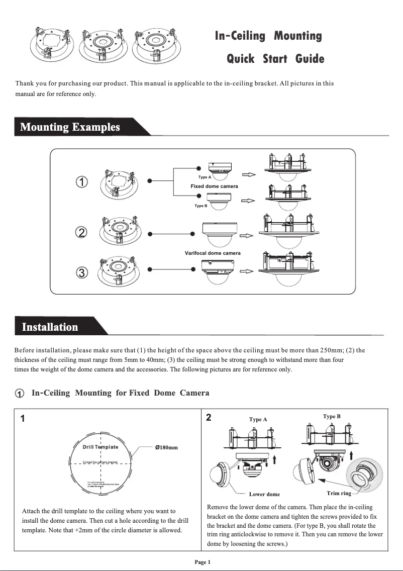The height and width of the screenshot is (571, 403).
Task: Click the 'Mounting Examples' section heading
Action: click(x=70, y=127)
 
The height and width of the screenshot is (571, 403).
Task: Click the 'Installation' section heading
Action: click(x=50, y=327)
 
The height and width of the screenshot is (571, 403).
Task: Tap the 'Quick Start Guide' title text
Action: click(x=275, y=59)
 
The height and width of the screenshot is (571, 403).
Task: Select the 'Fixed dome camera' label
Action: click(x=214, y=186)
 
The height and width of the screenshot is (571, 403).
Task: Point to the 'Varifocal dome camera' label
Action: click(x=213, y=253)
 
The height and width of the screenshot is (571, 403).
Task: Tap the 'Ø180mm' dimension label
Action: click(x=166, y=447)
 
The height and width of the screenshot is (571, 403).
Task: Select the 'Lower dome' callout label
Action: click(x=264, y=494)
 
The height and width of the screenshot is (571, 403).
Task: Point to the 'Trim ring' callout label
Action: click(x=339, y=493)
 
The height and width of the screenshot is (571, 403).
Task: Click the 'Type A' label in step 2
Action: click(x=258, y=419)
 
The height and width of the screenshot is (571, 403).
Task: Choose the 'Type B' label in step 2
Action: click(x=332, y=416)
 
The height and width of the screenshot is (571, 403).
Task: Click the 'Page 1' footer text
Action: click(x=203, y=562)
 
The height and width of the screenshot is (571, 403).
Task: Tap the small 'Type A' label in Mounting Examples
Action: click(x=205, y=177)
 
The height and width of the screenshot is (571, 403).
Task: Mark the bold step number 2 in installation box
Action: click(x=209, y=418)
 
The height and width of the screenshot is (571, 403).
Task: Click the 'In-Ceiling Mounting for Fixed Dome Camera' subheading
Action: click(x=120, y=393)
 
